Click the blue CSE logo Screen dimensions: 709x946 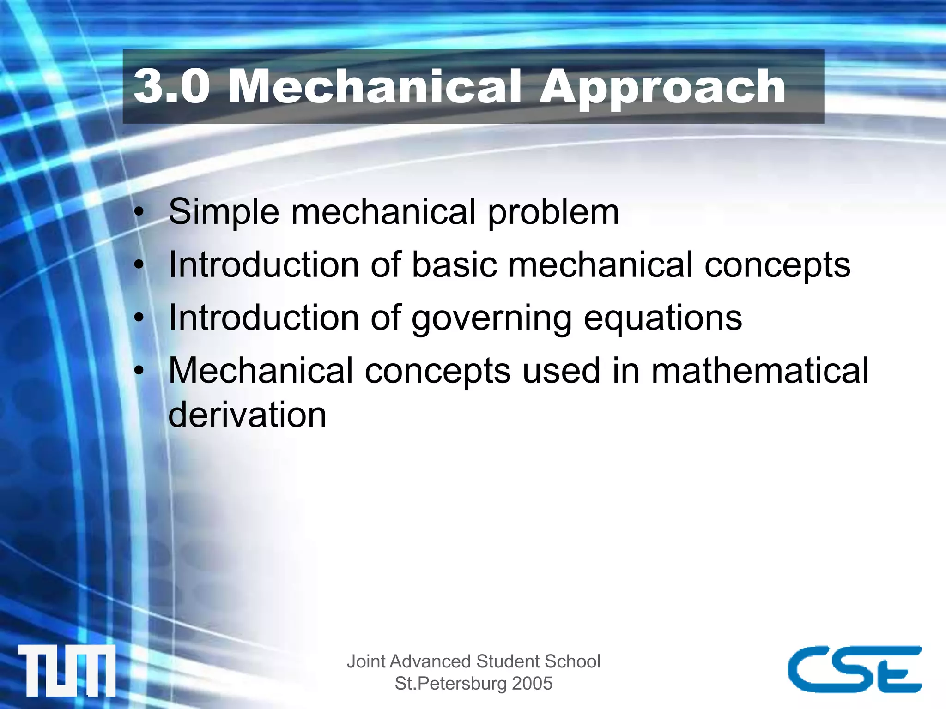coord(855,669)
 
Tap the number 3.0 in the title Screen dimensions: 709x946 coord(171,86)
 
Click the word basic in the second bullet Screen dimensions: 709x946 coord(455,265)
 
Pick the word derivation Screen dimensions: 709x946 coord(248,415)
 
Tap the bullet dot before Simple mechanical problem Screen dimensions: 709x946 coord(139,213)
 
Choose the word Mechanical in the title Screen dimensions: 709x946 coord(375,86)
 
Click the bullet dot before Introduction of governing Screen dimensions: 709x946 coord(139,318)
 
